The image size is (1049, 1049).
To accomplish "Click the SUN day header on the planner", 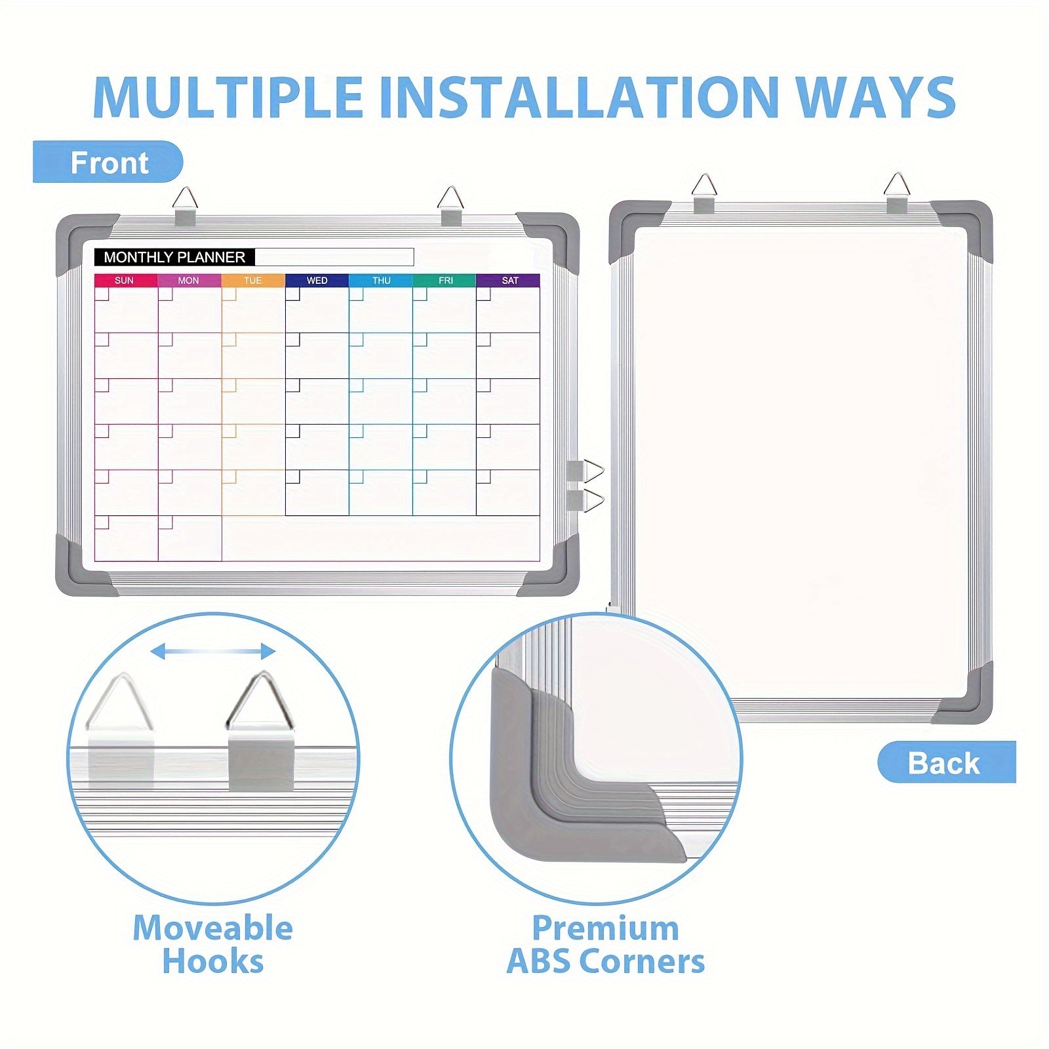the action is coord(125,281).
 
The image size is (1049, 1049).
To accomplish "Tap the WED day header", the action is coord(317,281).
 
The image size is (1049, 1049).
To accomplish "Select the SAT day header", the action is coord(509,281).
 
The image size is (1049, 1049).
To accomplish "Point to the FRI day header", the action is coord(445,281).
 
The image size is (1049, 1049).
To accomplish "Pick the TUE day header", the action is coord(253,281).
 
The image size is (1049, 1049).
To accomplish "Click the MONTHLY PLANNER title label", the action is coord(174,257).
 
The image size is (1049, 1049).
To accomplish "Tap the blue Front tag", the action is coord(108,162).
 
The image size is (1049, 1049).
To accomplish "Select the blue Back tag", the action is coord(946,762).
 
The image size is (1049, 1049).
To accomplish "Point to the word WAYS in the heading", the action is coord(875,97).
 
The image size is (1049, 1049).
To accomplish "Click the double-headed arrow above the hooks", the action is coord(213,651).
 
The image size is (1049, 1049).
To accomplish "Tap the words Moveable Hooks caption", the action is coord(213,945).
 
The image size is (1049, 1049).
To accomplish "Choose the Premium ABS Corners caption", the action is coord(606,945).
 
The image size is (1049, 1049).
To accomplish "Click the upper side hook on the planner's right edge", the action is coord(585,471).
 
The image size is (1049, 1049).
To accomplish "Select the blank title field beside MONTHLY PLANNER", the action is coord(334,257).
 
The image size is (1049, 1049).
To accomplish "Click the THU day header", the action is coord(381,281).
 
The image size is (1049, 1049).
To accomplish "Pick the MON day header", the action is coord(189,281).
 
